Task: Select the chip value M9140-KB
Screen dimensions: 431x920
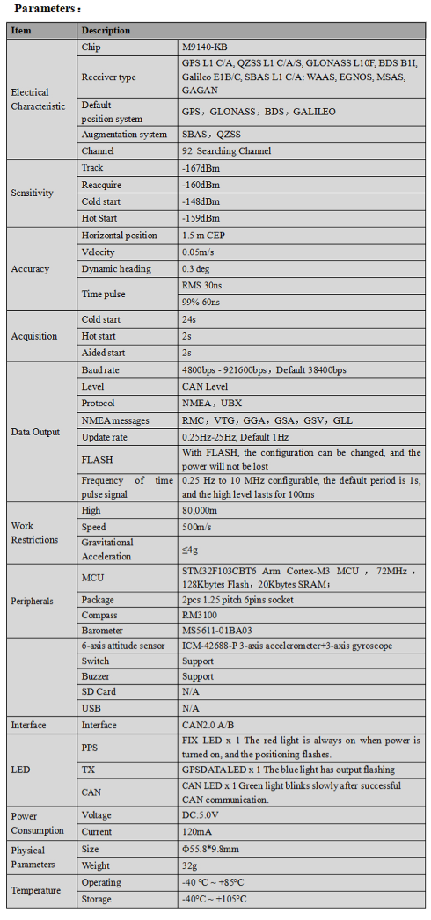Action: [x=206, y=46]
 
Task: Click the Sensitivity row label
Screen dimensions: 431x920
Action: [x=32, y=193]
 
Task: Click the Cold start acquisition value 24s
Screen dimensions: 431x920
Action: [x=188, y=319]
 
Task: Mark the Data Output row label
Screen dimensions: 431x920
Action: [x=36, y=432]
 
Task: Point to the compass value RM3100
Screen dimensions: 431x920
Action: [x=203, y=615]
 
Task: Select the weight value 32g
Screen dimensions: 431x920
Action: [x=191, y=866]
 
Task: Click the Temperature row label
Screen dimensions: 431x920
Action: [x=36, y=891]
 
